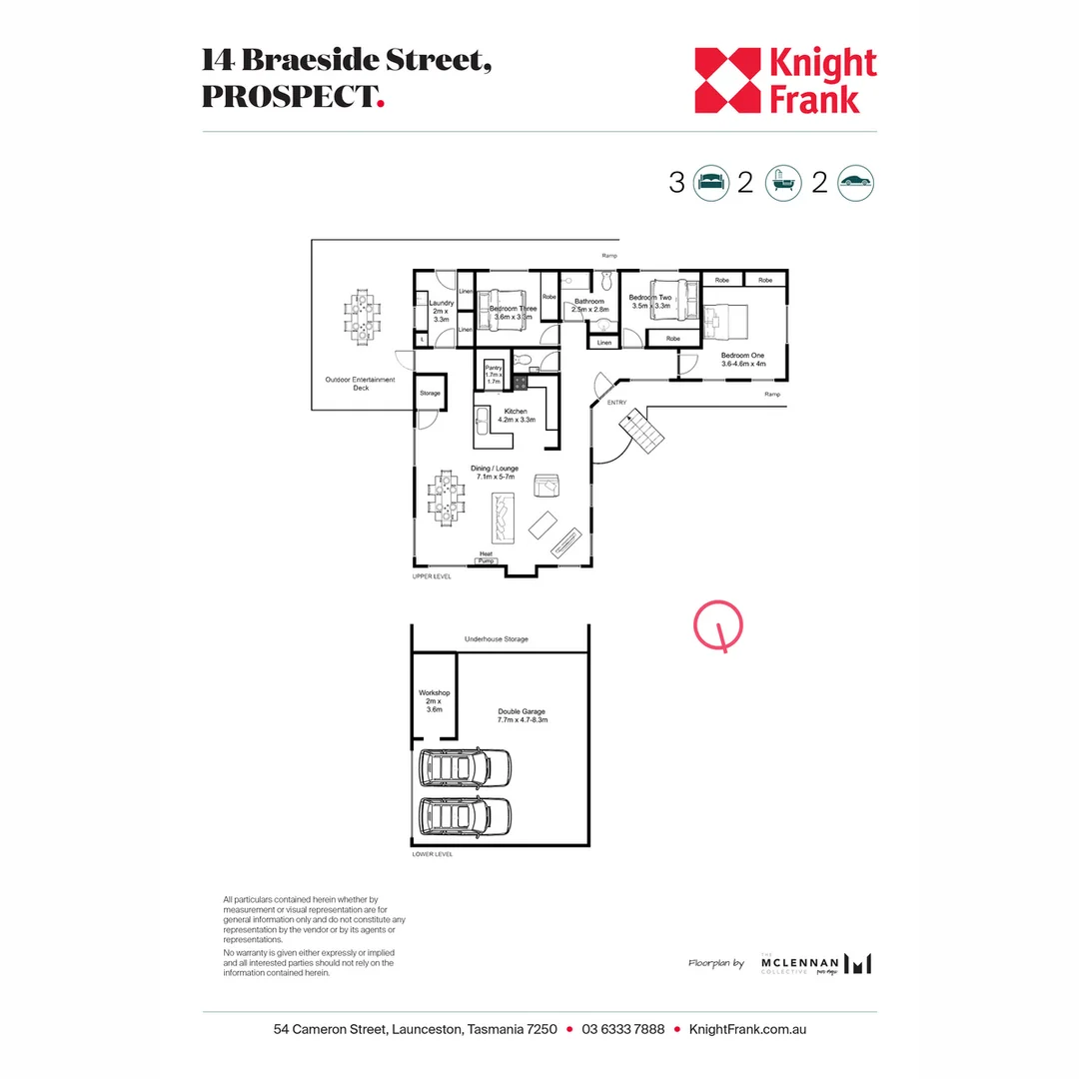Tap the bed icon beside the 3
coord(710,183)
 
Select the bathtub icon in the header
coord(782,183)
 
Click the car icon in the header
coord(856,183)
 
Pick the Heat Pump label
coord(486,557)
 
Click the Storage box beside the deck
coord(430,394)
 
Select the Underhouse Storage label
coord(497,638)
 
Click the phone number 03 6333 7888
coord(622,1029)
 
